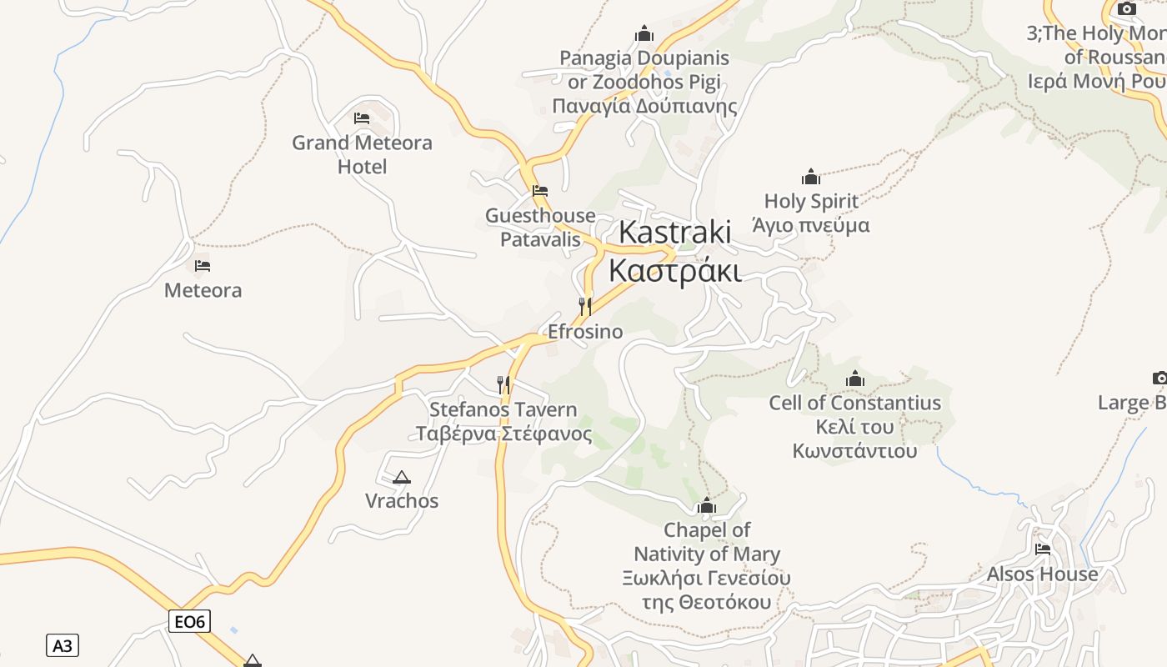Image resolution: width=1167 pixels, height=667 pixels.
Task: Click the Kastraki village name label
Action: click(x=675, y=251)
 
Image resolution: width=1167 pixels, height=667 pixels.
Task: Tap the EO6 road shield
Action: click(x=189, y=621)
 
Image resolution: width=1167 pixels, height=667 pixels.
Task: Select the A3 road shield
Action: click(x=63, y=645)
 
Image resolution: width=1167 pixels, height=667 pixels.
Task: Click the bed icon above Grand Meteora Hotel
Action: click(x=362, y=118)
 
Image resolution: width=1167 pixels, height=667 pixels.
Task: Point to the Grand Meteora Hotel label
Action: click(x=362, y=154)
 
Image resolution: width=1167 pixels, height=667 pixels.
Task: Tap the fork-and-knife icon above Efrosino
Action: click(x=585, y=307)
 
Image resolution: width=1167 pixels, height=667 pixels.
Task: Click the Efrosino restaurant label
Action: click(x=585, y=332)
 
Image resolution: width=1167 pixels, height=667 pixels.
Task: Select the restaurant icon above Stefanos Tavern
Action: click(x=503, y=384)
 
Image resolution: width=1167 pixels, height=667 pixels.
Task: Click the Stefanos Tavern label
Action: click(x=503, y=422)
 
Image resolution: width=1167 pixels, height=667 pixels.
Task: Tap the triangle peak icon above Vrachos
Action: click(x=402, y=478)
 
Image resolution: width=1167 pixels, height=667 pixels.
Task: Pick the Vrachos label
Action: click(x=402, y=501)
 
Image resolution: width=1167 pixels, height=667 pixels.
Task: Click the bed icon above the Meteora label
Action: click(x=203, y=267)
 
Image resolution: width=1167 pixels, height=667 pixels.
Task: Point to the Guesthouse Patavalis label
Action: click(x=540, y=228)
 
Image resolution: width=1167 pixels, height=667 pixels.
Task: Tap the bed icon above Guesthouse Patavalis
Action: click(x=540, y=191)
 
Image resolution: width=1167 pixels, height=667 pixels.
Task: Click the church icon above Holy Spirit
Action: click(x=811, y=177)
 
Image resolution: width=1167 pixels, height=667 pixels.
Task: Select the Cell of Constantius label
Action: click(x=855, y=427)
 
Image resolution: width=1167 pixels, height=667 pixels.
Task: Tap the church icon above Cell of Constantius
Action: click(x=855, y=379)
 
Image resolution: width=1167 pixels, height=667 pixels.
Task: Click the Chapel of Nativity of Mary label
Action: click(x=707, y=565)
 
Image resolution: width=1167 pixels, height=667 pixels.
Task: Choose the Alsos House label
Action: click(x=1043, y=574)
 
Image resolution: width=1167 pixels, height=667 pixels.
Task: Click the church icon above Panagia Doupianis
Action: click(x=644, y=34)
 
